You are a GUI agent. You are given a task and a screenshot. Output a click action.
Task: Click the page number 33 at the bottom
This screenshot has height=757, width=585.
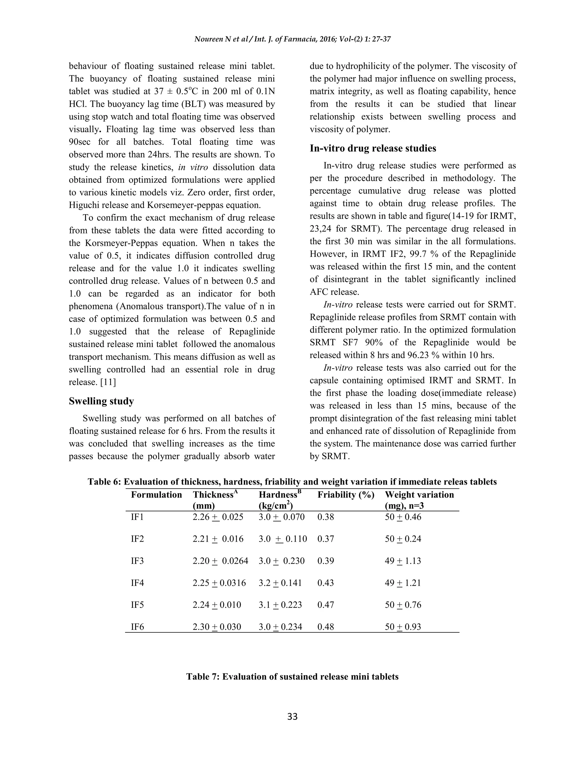pyautogui.click(x=292, y=716)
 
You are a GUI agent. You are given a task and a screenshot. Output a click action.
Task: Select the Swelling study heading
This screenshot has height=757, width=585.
pyautogui.click(x=101, y=401)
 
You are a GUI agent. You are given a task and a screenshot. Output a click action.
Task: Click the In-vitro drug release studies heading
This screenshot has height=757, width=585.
pyautogui.click(x=373, y=148)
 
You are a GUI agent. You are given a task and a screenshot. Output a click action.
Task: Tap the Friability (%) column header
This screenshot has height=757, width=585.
pyautogui.click(x=346, y=494)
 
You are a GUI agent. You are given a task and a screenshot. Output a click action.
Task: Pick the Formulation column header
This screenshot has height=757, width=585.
pyautogui.click(x=156, y=494)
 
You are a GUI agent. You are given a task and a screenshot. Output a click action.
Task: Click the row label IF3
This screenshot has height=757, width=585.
pyautogui.click(x=137, y=561)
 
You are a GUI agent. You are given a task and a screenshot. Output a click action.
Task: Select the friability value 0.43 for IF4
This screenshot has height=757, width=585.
pyautogui.click(x=325, y=583)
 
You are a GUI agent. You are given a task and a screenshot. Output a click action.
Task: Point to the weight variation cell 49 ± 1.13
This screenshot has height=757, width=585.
pyautogui.click(x=403, y=561)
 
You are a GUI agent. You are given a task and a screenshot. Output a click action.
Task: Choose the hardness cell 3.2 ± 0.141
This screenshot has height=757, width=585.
pyautogui.click(x=280, y=583)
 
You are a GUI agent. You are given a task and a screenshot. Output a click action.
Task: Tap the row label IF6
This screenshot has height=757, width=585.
pyautogui.click(x=137, y=627)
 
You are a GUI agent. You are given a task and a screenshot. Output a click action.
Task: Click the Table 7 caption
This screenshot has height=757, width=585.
pyautogui.click(x=292, y=676)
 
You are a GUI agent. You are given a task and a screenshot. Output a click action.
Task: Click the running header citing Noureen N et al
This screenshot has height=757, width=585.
pyautogui.click(x=292, y=39)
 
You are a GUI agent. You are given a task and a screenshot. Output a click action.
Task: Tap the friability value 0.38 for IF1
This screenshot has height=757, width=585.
pyautogui.click(x=325, y=517)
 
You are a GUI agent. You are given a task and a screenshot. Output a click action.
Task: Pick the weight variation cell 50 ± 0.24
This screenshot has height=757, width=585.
pyautogui.click(x=403, y=539)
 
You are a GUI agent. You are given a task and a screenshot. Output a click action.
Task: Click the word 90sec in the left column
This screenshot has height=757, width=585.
pyautogui.click(x=81, y=142)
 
